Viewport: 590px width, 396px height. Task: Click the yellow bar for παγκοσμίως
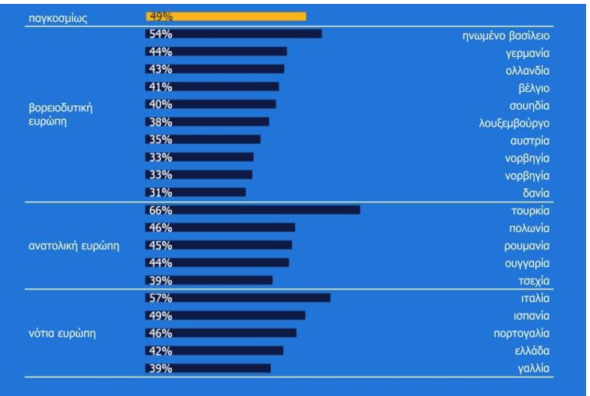(226, 16)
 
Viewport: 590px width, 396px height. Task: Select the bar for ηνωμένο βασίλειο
(234, 34)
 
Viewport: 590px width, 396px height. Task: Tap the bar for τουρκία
(253, 210)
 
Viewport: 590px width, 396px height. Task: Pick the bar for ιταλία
(238, 298)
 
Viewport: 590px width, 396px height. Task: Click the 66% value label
(160, 210)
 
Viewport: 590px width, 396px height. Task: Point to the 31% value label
(160, 192)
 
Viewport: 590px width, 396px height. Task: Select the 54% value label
(160, 34)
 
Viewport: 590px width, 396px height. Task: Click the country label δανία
(536, 193)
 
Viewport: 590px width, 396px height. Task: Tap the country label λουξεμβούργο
(514, 124)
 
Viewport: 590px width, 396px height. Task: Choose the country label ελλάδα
(532, 351)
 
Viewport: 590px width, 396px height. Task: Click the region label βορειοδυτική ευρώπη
(61, 114)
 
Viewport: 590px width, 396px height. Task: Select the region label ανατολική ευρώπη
(74, 246)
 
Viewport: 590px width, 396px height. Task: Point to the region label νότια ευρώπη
(62, 334)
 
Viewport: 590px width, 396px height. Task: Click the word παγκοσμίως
(58, 19)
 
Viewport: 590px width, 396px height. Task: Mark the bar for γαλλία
(208, 368)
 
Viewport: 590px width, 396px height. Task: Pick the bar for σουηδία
(211, 104)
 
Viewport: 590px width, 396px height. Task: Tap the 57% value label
(160, 298)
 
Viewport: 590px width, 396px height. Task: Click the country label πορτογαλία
(522, 334)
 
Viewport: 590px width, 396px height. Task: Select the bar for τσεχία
(209, 280)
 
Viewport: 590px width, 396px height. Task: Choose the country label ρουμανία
(527, 246)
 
